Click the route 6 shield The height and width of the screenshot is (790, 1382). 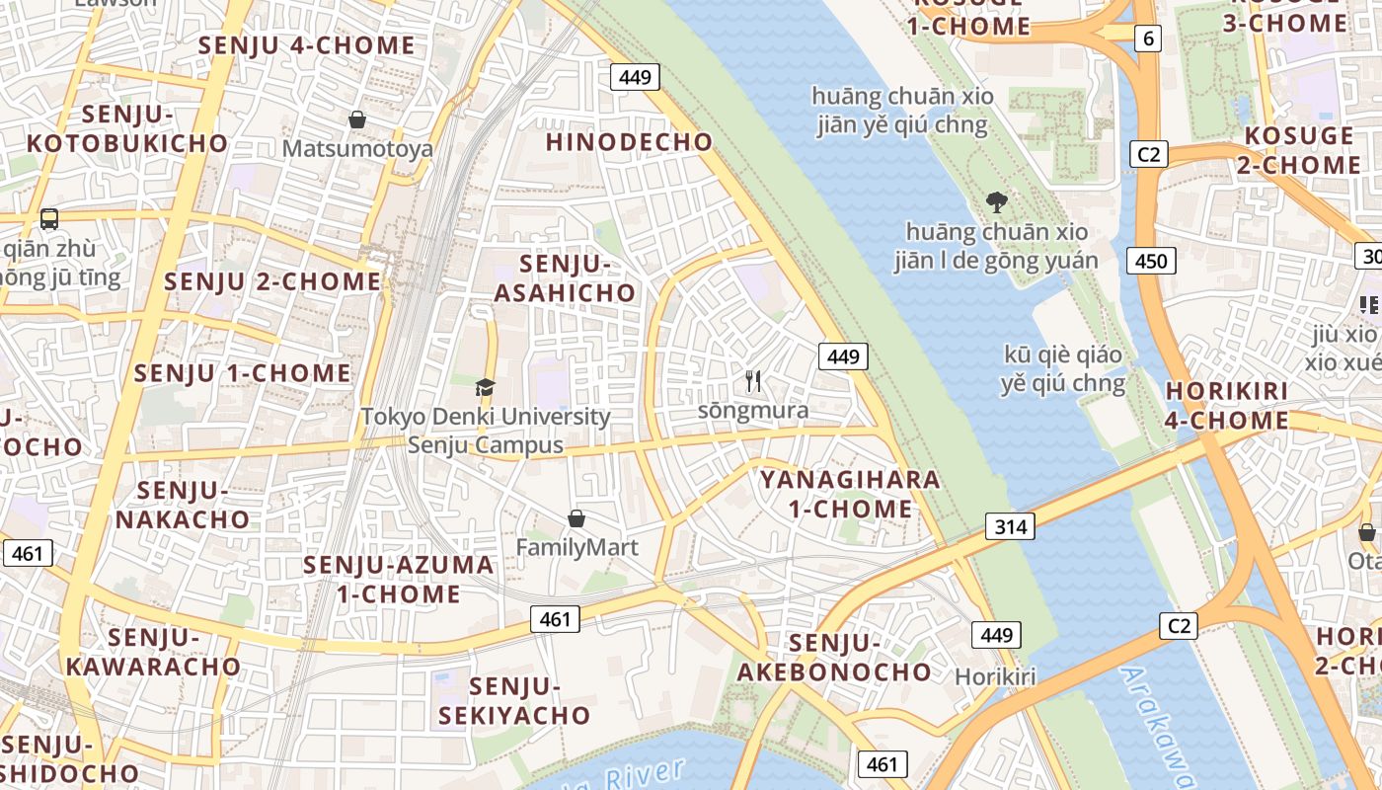pos(1147,39)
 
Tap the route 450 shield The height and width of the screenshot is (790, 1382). pos(1151,261)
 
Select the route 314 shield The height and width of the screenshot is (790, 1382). pos(1010,526)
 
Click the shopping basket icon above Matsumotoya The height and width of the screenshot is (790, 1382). pos(357,119)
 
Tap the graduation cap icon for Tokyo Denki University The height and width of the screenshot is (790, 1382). pos(485,387)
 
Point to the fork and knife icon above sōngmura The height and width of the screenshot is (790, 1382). pos(753,380)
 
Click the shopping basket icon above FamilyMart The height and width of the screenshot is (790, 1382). pos(576,517)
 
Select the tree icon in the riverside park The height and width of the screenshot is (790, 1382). pos(996,202)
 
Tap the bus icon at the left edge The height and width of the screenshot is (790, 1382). pos(49,219)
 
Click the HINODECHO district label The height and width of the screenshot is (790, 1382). pos(629,142)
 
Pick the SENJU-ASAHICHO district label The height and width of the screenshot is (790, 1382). pos(565,278)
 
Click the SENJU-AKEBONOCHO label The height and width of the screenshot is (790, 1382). pos(834,658)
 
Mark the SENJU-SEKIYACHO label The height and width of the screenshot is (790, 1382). pos(514,700)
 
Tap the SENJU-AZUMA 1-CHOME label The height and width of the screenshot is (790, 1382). pos(399,579)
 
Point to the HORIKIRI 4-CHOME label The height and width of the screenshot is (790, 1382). pos(1227,405)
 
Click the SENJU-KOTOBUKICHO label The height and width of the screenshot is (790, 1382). pos(127,129)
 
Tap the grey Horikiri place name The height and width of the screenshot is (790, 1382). pos(995,676)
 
